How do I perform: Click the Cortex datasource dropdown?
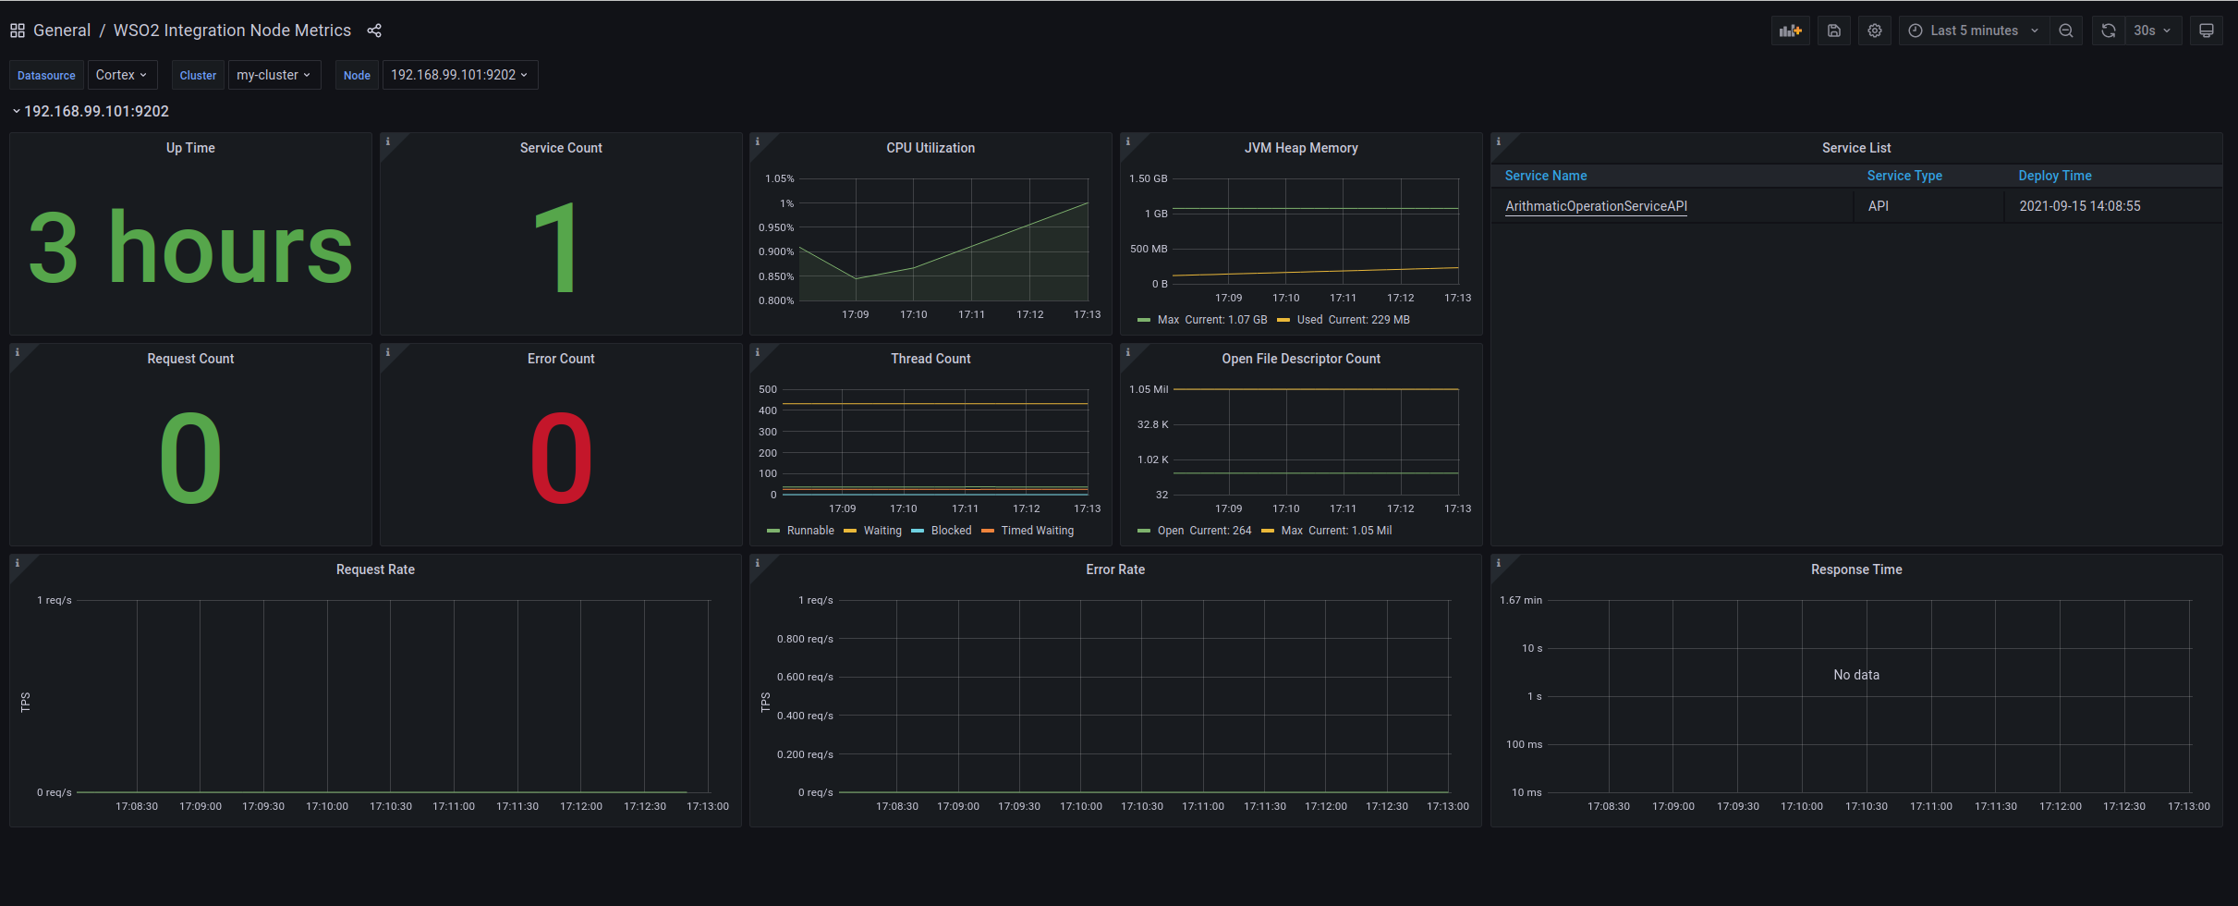[121, 75]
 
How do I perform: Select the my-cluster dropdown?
[274, 75]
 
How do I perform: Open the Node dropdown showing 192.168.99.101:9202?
[459, 75]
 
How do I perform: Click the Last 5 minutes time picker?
[1974, 31]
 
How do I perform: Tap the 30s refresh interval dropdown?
[2152, 31]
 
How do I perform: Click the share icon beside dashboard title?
[374, 31]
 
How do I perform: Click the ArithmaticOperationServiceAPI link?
[1596, 206]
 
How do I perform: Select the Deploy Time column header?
[2054, 176]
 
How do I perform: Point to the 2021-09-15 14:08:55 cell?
[2079, 206]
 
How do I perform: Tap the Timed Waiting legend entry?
[1037, 531]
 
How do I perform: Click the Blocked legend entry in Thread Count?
[950, 531]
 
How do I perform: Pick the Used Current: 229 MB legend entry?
[1352, 320]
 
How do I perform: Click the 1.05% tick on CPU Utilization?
[779, 178]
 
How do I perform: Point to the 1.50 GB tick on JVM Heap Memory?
[1148, 178]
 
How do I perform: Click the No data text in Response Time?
[1855, 675]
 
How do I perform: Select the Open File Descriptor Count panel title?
[1300, 359]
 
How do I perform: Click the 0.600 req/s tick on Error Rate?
[805, 677]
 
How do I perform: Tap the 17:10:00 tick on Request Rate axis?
[327, 806]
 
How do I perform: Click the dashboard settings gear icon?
[1874, 31]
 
